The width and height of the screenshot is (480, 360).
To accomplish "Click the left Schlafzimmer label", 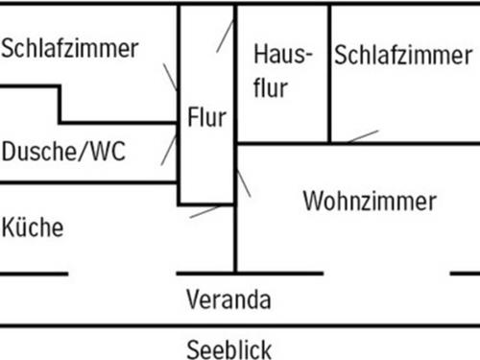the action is (x=70, y=49).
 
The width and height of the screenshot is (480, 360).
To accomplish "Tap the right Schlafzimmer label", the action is (x=403, y=54).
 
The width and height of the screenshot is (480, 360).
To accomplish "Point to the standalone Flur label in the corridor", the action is (x=207, y=119).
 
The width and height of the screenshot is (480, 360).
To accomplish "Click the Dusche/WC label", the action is (x=63, y=152).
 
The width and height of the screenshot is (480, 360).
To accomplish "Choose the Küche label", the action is (x=33, y=228).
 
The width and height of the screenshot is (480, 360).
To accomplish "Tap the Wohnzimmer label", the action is (x=370, y=202).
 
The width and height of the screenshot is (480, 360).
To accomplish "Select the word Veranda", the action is (x=229, y=298).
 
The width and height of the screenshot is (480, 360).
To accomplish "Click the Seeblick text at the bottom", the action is (x=229, y=348).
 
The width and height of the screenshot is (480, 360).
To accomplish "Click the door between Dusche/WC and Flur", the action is (x=169, y=149).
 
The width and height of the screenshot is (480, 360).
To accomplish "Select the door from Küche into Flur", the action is (x=204, y=210).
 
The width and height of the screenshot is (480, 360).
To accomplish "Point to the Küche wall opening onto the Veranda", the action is (x=123, y=274).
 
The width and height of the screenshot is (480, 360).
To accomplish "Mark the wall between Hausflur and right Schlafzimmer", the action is (x=329, y=73).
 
